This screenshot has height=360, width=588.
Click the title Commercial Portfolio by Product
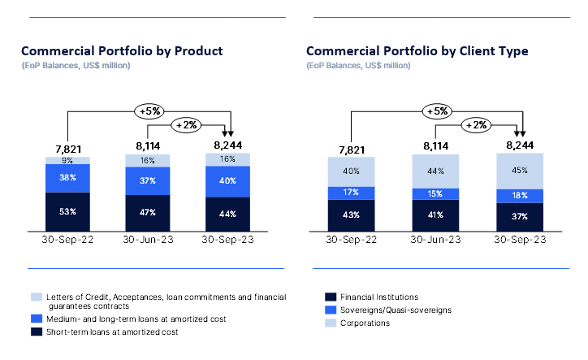(122, 50)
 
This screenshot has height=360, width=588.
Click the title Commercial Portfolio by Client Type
(417, 50)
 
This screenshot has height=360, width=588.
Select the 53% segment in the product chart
(67, 211)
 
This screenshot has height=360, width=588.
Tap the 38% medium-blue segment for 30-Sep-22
(67, 177)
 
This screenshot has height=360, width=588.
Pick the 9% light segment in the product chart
(67, 160)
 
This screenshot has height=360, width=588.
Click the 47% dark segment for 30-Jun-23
(148, 214)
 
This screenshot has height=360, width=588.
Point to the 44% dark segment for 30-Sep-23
(228, 215)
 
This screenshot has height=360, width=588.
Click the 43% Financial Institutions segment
(351, 215)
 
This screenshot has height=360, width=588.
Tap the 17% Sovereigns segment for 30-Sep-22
(351, 193)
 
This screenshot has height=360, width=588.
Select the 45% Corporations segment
(520, 171)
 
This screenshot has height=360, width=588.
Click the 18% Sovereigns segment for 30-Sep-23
(520, 195)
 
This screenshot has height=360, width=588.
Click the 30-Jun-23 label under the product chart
(148, 240)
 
